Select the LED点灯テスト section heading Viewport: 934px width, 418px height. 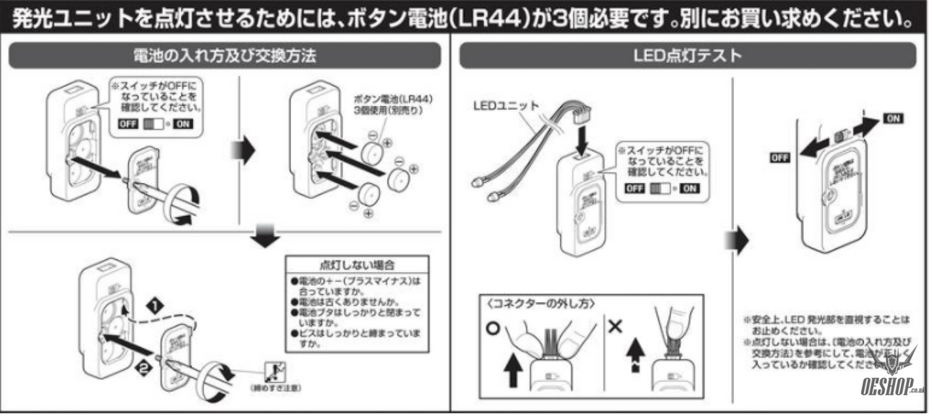click(687, 55)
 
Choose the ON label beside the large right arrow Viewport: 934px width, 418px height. click(894, 119)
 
